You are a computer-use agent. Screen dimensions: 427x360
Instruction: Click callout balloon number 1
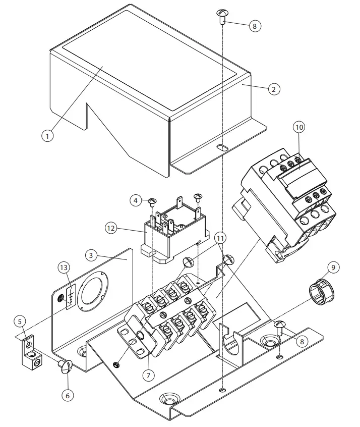pyautogui.click(x=47, y=135)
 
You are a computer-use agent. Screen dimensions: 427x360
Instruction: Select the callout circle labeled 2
pyautogui.click(x=273, y=89)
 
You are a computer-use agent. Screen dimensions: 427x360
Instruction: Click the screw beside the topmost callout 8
pyautogui.click(x=223, y=15)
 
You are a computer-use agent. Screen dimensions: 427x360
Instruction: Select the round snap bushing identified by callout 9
pyautogui.click(x=321, y=292)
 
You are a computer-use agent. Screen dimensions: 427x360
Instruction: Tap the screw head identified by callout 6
pyautogui.click(x=66, y=365)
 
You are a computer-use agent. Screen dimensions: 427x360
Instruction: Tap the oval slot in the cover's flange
pyautogui.click(x=221, y=148)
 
